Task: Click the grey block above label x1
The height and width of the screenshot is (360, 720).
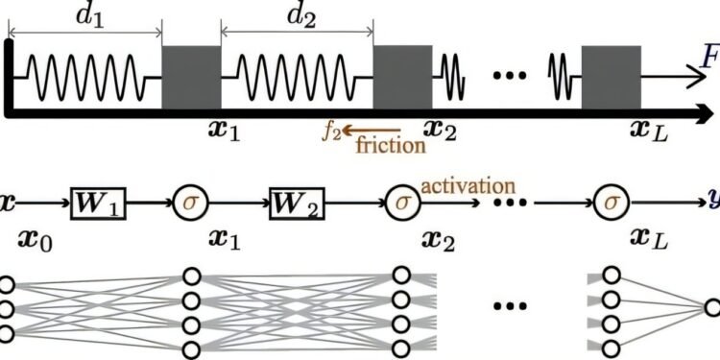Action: click(x=191, y=77)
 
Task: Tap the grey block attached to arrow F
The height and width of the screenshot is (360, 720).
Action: click(x=611, y=77)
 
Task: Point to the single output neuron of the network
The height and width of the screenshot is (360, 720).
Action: click(x=711, y=308)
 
